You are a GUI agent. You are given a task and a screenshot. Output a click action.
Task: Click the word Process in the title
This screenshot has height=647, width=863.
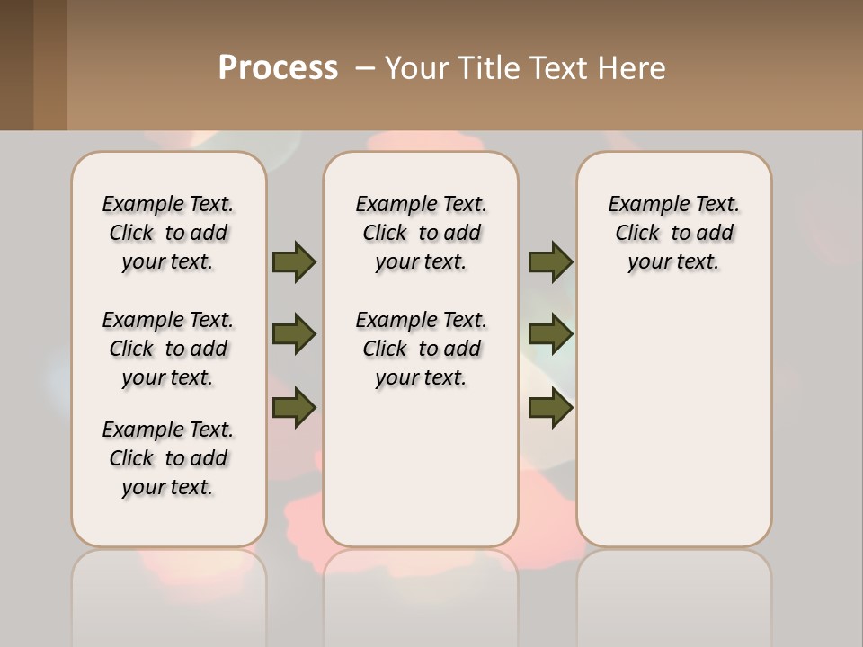coord(278,68)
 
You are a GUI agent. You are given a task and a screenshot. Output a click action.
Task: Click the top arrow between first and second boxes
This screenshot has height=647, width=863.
coord(294,261)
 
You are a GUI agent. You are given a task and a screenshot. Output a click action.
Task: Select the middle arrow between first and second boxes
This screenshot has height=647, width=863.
coord(294,335)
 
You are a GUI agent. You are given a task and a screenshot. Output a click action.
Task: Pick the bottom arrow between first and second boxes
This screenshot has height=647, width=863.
coord(294,408)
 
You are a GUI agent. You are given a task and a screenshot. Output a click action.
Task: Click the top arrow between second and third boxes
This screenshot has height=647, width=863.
coord(550,261)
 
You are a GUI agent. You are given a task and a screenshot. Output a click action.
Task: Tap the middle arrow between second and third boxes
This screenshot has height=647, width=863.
coord(550,335)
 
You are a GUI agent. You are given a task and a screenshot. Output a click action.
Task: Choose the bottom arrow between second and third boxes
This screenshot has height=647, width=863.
coord(550,408)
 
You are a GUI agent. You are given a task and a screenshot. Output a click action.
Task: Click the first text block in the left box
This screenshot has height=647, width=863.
coord(168,233)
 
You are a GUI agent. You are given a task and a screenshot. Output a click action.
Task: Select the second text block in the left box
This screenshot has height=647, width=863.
coord(168,349)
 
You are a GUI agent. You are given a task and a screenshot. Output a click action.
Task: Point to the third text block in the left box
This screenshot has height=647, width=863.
coord(168,458)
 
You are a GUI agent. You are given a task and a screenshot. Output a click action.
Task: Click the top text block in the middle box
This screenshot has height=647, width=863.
coord(421,233)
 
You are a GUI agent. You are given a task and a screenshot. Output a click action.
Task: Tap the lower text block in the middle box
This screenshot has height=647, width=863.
coord(421,349)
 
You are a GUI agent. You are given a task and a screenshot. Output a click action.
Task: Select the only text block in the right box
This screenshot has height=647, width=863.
coord(673,233)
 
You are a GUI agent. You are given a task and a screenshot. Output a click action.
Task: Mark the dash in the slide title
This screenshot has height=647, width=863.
coord(365,68)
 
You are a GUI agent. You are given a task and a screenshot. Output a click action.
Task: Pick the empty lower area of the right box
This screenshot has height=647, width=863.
coord(673,422)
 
